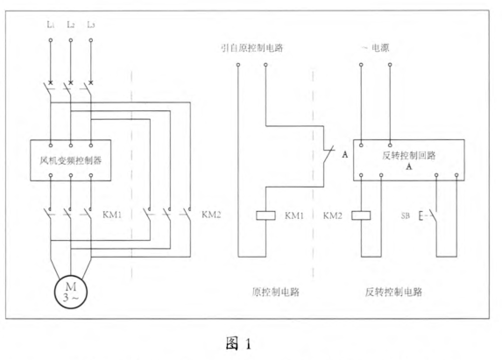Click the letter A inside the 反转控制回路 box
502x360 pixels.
click(408, 166)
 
